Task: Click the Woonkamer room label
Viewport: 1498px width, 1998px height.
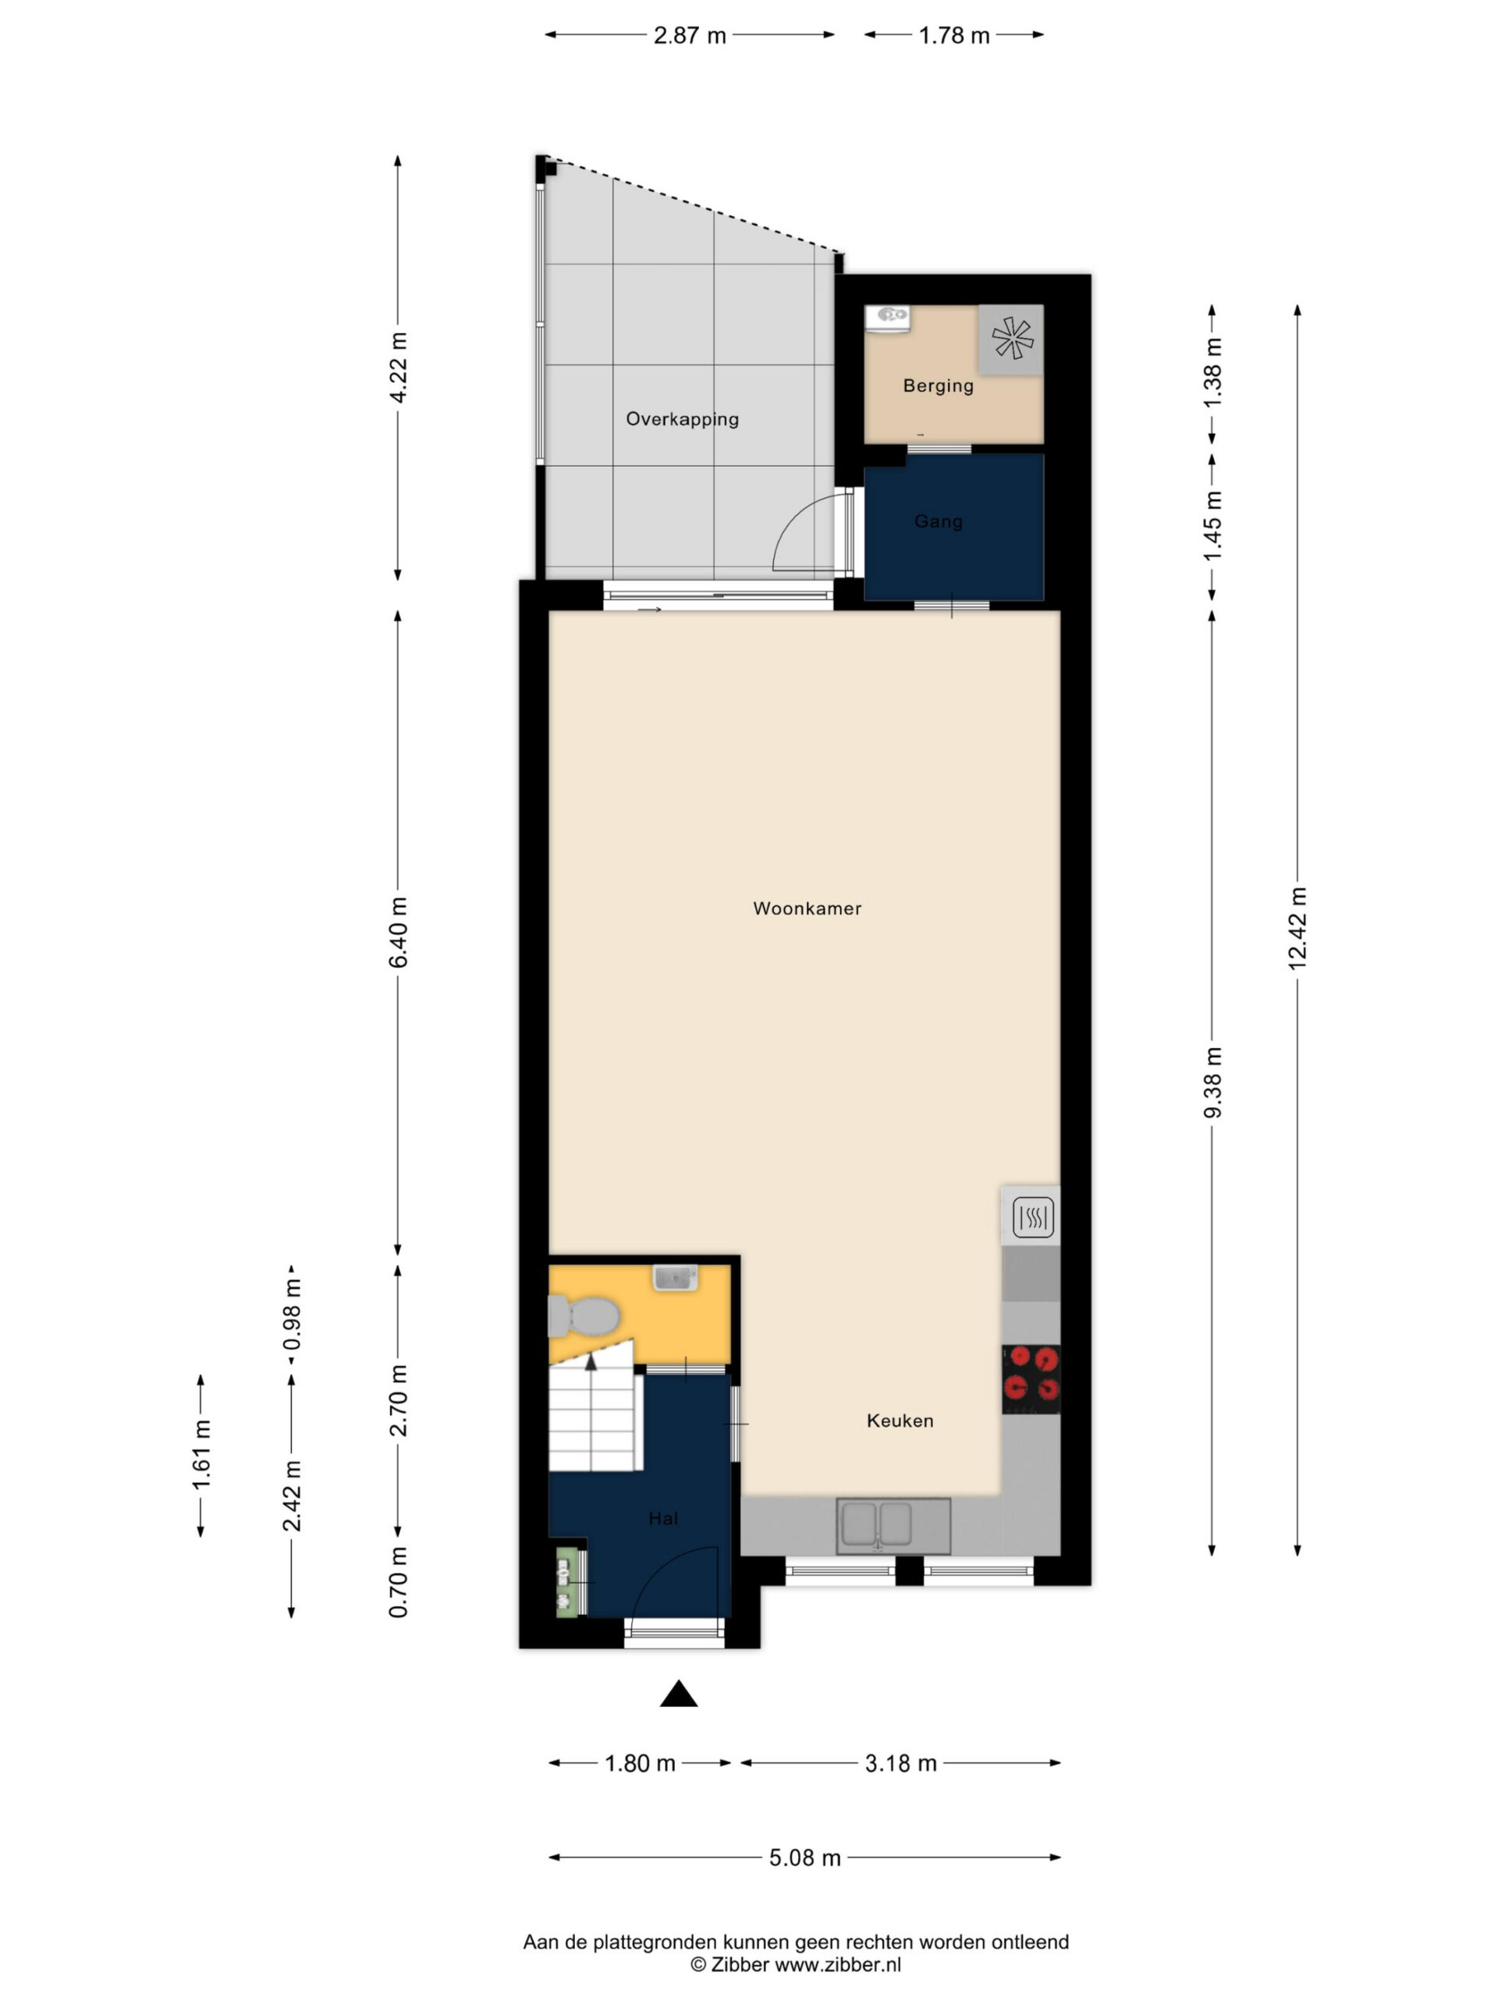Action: pos(806,908)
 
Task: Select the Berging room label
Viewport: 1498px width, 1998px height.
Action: pos(938,386)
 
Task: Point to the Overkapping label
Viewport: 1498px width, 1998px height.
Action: pos(682,419)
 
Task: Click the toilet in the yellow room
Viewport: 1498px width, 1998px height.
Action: pos(584,1316)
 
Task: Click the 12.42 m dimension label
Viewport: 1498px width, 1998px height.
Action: pos(1297,930)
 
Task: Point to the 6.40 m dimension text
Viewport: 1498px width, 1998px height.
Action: pos(398,932)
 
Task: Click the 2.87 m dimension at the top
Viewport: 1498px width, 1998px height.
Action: pos(690,35)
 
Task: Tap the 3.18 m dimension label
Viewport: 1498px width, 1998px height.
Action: pos(900,1762)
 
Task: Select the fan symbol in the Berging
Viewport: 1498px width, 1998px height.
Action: pos(1012,339)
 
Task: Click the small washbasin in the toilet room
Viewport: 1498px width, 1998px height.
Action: pos(676,1277)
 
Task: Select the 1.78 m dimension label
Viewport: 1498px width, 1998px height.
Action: pos(953,35)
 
